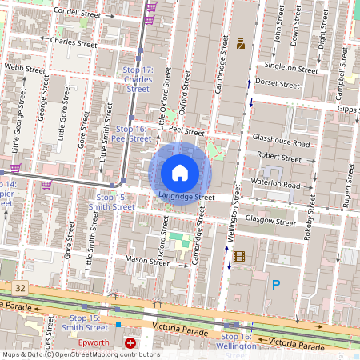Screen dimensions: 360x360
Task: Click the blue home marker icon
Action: [180, 172]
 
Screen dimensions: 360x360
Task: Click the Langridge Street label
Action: [186, 196]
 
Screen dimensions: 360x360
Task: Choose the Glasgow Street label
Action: [271, 220]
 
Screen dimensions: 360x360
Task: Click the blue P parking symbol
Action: [276, 284]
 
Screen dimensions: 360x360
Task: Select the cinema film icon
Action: [238, 255]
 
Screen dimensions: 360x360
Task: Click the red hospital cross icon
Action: [130, 342]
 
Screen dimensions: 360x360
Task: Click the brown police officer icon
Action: [238, 42]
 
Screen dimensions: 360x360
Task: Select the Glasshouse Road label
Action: [280, 143]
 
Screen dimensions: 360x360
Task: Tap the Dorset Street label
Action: [278, 82]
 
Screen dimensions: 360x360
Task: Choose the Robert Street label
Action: [279, 158]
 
